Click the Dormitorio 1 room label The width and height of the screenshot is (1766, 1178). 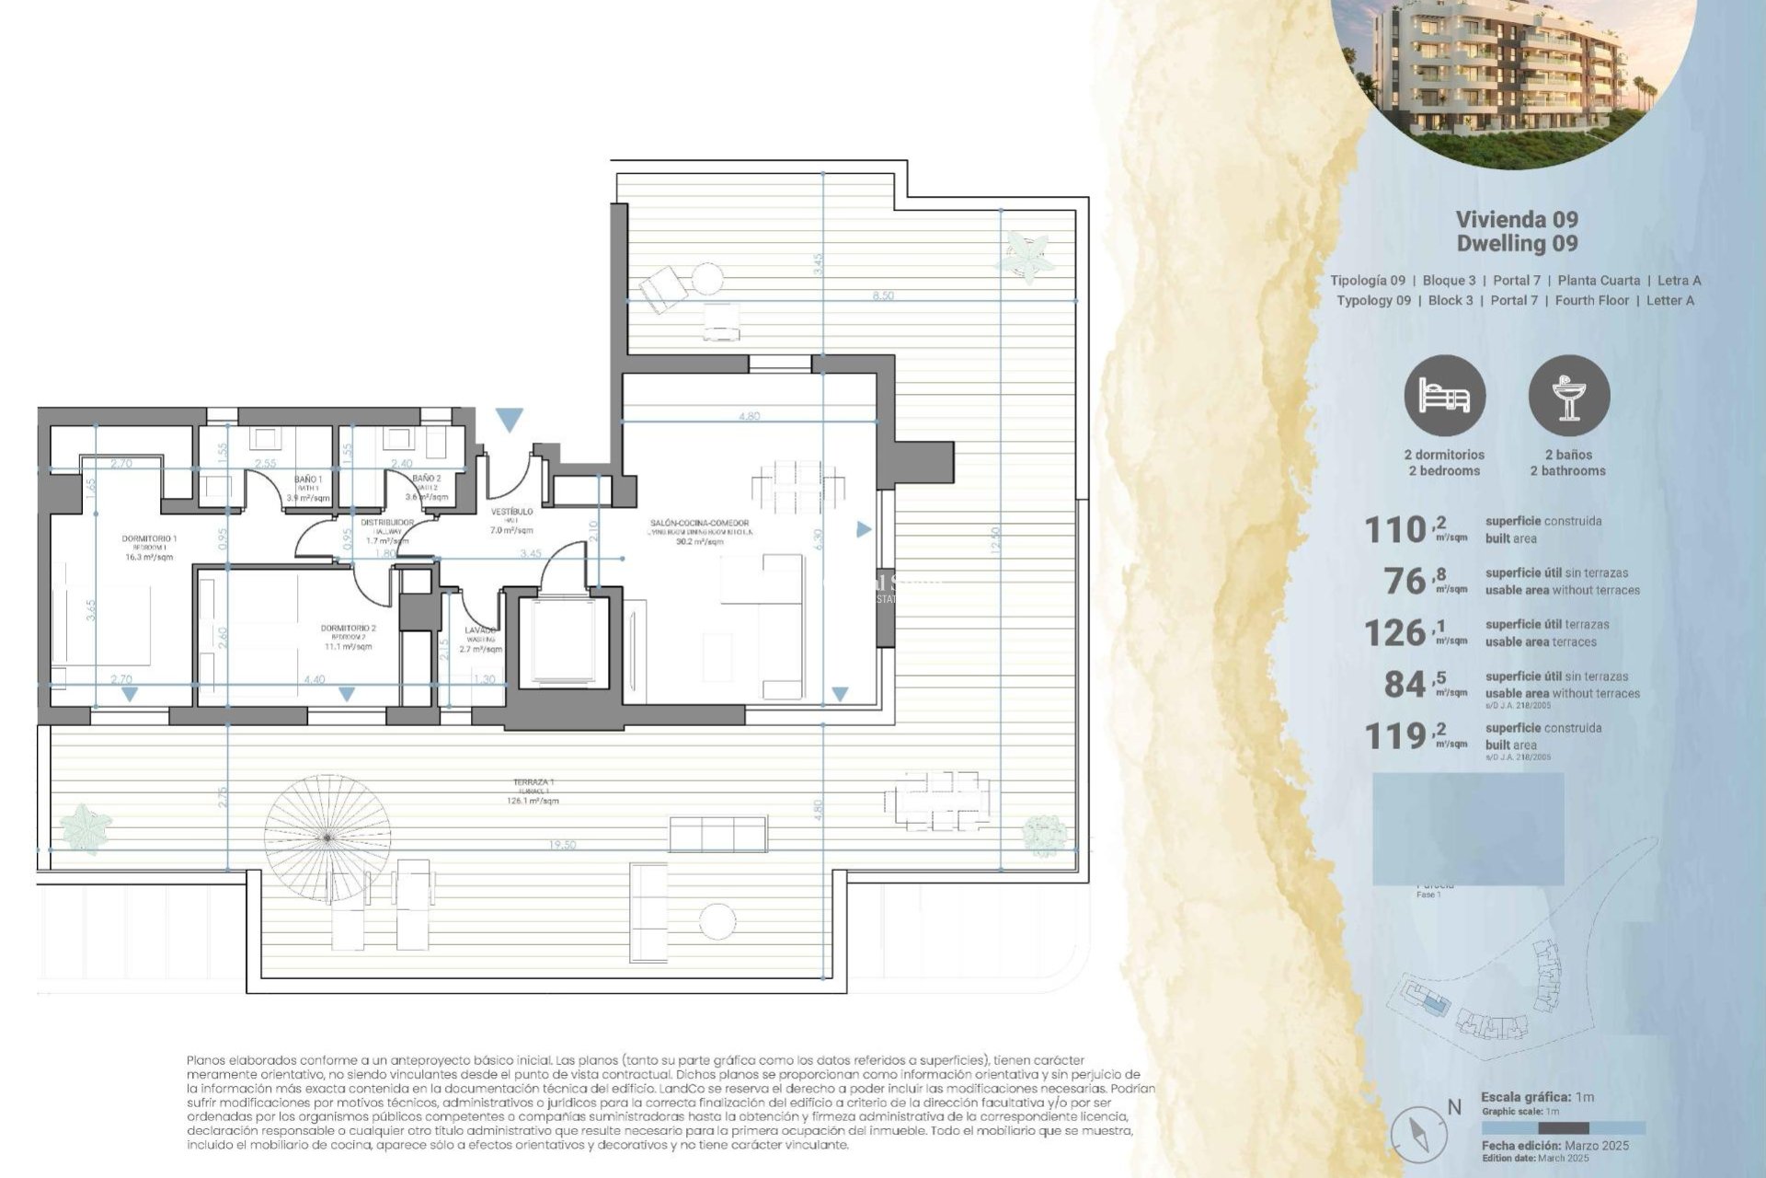pos(149,539)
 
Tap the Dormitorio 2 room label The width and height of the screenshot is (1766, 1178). pos(348,629)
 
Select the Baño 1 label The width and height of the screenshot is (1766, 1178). pos(308,479)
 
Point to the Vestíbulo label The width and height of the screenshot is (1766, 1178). pos(511,512)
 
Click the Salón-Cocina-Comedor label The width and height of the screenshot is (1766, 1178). pos(699,524)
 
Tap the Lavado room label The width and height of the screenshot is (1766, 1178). pos(480,631)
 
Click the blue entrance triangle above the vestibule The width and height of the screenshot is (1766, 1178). pos(509,420)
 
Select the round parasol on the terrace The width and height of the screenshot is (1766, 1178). pos(327,837)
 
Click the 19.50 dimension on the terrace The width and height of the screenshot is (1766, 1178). pos(562,845)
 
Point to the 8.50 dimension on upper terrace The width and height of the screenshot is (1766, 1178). pos(883,295)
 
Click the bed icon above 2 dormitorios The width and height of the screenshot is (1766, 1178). pos(1444,397)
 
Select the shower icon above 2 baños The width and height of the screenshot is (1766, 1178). pos(1568,397)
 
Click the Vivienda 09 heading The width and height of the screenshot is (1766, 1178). pos(1517,219)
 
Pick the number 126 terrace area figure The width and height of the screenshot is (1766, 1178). pos(1395,633)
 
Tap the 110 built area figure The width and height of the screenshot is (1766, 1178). pos(1395,530)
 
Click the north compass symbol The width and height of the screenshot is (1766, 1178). pos(1412,1131)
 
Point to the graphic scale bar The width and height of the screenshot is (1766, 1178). pos(1563,1127)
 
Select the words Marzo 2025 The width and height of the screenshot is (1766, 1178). pos(1597,1146)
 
